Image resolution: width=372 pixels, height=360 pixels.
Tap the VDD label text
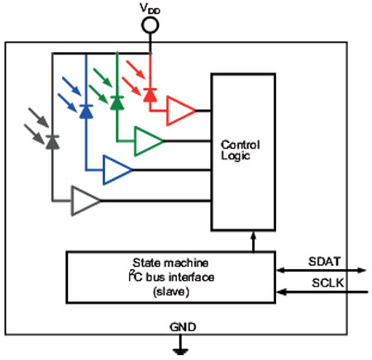coord(150,8)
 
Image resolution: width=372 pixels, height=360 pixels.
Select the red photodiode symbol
coord(150,95)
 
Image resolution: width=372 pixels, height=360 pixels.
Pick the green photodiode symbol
coord(117,103)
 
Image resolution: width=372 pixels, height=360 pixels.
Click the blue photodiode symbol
coord(86,111)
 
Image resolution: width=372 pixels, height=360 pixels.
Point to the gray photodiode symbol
coord(53,142)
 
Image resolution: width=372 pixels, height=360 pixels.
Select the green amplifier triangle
coord(149,141)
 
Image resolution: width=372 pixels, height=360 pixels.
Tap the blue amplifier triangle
coord(117,170)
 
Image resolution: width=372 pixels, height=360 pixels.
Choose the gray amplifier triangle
coord(86,201)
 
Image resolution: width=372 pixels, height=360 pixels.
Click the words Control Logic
coord(241,150)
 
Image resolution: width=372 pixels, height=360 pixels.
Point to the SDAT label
coord(324,262)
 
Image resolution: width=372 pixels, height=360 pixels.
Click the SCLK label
coord(328,283)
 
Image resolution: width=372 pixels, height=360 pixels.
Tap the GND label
coord(183,327)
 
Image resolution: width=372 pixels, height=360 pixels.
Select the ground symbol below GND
coord(181,344)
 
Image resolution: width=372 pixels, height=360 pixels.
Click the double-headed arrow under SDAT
coord(322,270)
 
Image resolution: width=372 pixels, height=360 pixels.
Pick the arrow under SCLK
coord(322,292)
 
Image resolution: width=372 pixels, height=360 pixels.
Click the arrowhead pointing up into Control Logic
coord(254,235)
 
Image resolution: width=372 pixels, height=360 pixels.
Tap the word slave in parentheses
coord(171,291)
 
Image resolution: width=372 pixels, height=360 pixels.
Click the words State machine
coord(170,263)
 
